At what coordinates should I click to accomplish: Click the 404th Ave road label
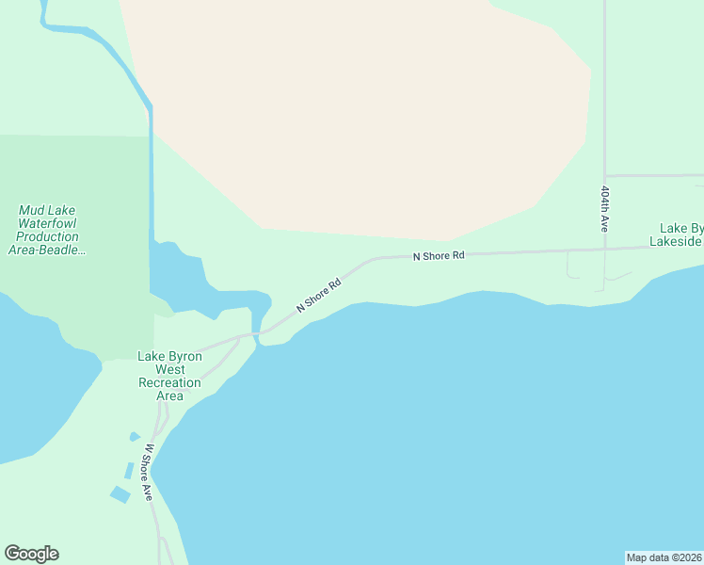(605, 208)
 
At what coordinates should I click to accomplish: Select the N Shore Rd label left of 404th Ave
(439, 255)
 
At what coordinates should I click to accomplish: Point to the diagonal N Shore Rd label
(318, 295)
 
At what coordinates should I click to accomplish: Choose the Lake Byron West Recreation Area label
(169, 376)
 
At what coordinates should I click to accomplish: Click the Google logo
(31, 554)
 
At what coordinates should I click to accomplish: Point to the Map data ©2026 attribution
(664, 557)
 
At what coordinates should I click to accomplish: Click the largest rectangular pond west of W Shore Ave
(120, 494)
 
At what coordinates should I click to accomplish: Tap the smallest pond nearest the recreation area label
(135, 437)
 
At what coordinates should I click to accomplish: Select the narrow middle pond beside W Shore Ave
(128, 470)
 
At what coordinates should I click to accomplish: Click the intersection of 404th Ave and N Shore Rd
(605, 250)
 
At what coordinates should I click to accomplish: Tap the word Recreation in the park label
(169, 382)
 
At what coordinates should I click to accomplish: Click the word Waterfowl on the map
(47, 224)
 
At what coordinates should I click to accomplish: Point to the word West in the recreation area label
(169, 369)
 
